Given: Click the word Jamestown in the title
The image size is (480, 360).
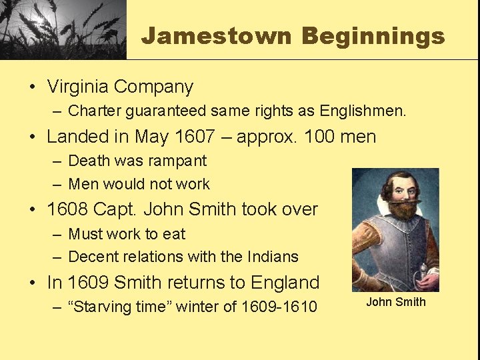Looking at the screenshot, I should [216, 35].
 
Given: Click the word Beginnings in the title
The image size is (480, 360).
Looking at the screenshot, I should [373, 35].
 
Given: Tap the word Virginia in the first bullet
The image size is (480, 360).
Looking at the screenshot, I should [77, 87].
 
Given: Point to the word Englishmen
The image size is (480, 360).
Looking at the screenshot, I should [363, 111].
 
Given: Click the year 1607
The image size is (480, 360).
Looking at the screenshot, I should [195, 137].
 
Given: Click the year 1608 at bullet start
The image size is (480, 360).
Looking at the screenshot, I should [67, 209].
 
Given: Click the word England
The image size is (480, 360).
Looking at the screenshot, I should [285, 283].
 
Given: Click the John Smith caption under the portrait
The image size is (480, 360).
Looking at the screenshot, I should [395, 302].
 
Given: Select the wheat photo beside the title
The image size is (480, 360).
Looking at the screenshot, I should [63, 29].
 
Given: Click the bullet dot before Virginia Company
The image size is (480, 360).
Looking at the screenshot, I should [32, 87].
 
